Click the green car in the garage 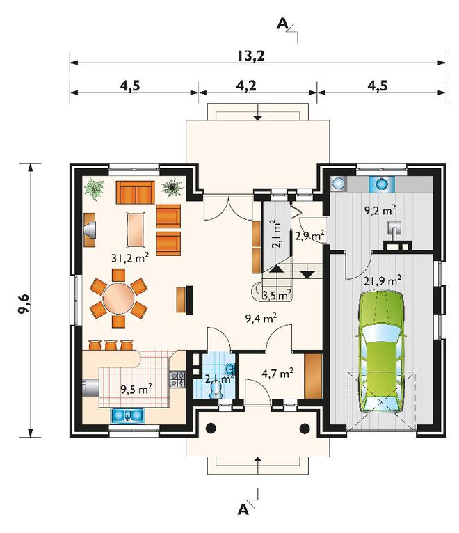pyautogui.click(x=381, y=351)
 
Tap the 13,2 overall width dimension pyautogui.click(x=251, y=56)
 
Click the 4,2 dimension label pyautogui.click(x=246, y=86)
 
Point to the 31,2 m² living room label pyautogui.click(x=130, y=258)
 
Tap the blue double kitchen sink pyautogui.click(x=128, y=415)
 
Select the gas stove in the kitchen pyautogui.click(x=177, y=379)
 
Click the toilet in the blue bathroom pyautogui.click(x=216, y=388)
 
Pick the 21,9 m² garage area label pyautogui.click(x=383, y=281)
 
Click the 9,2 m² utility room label pyautogui.click(x=380, y=210)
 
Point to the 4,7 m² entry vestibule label pyautogui.click(x=278, y=373)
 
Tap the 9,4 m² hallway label pyautogui.click(x=261, y=318)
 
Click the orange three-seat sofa pyautogui.click(x=135, y=192)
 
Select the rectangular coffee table pyautogui.click(x=136, y=230)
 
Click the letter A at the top pyautogui.click(x=282, y=24)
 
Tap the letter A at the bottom pyautogui.click(x=243, y=509)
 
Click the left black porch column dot pyautogui.click(x=211, y=429)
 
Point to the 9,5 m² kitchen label pyautogui.click(x=136, y=388)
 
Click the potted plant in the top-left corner pyautogui.click(x=94, y=189)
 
